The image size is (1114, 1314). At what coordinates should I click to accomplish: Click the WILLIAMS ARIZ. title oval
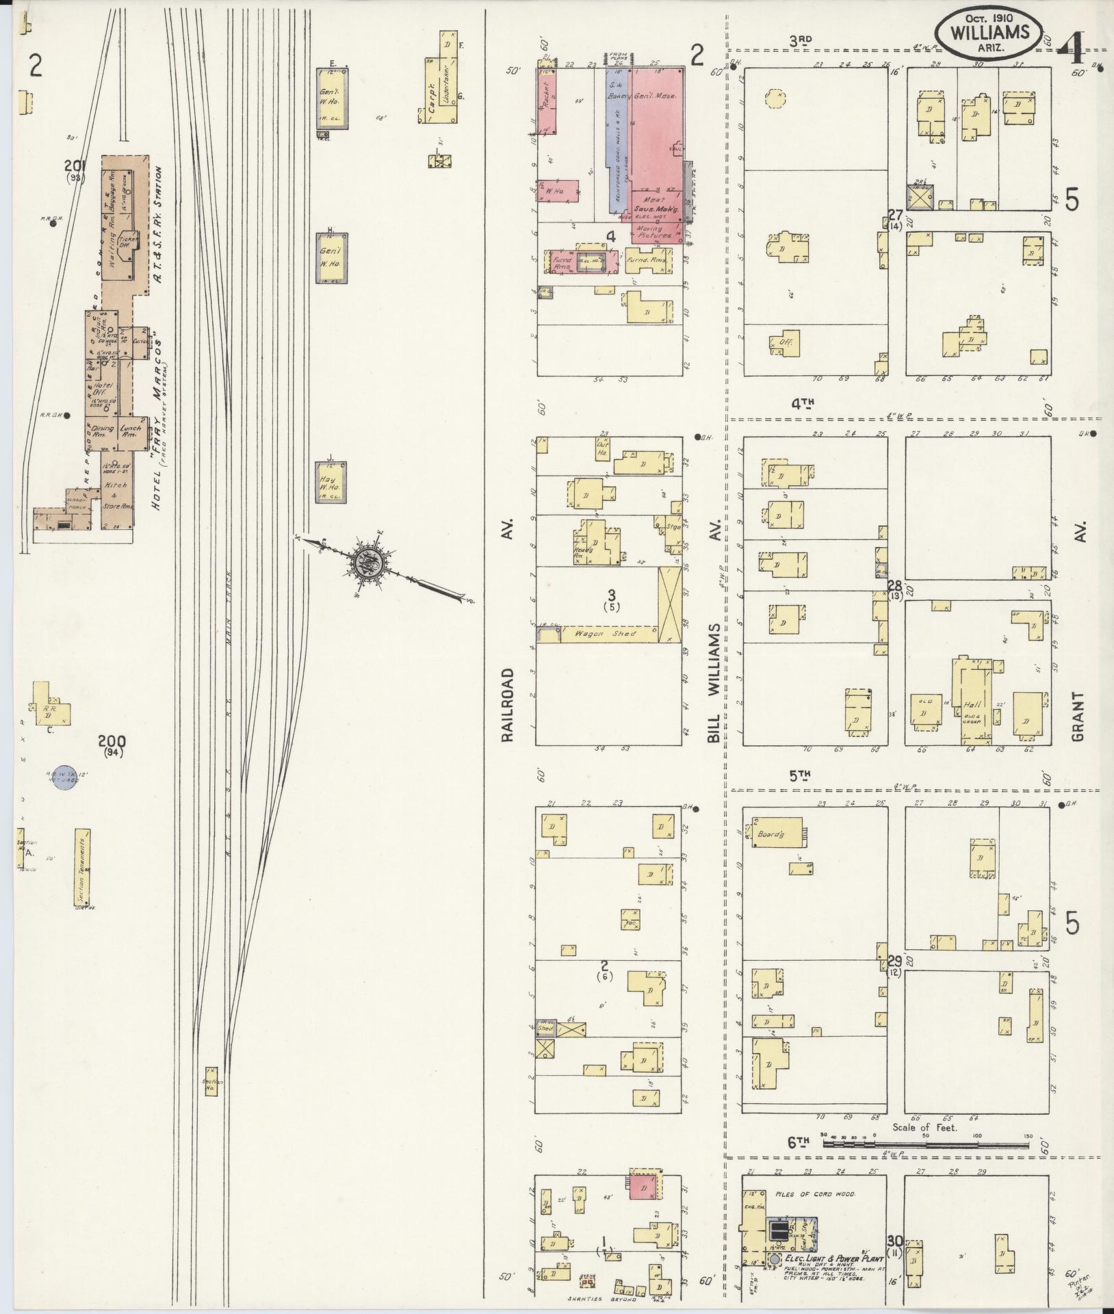(989, 32)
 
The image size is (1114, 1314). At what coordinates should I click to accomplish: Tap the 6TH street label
(798, 1141)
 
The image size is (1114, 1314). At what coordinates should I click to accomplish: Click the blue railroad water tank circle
(64, 777)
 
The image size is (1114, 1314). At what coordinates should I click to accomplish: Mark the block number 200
(112, 741)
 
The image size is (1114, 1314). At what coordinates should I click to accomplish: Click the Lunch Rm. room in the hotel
(130, 431)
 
